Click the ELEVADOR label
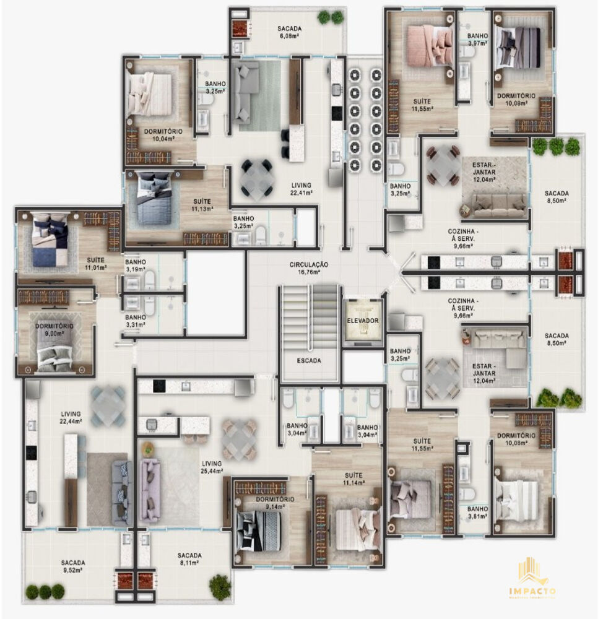363,321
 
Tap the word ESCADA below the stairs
308,360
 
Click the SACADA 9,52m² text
73,566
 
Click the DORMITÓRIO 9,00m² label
54,330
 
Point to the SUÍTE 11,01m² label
95,264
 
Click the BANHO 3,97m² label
478,40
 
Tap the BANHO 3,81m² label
478,512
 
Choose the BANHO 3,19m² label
135,266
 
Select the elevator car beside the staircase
362,322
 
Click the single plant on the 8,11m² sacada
219,584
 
